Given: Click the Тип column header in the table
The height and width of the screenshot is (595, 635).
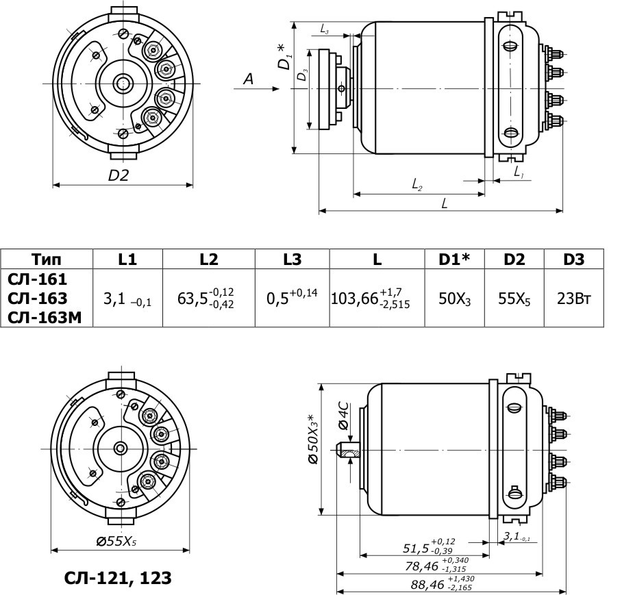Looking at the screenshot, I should pyautogui.click(x=46, y=259).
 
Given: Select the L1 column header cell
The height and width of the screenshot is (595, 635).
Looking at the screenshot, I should pyautogui.click(x=127, y=259).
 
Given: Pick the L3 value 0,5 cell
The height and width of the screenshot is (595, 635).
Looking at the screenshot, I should pyautogui.click(x=292, y=299).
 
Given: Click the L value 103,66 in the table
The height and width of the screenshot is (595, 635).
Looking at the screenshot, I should pyautogui.click(x=371, y=299).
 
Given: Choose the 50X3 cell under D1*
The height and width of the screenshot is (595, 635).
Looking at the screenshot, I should pyautogui.click(x=454, y=299).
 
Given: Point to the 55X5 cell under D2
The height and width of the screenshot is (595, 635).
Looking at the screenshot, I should pyautogui.click(x=514, y=299).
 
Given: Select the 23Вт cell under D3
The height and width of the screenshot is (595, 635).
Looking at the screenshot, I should pyautogui.click(x=574, y=299).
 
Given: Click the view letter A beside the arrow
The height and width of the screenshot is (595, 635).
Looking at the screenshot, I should pyautogui.click(x=248, y=80).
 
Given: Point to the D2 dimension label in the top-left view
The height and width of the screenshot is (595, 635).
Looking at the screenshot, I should pyautogui.click(x=119, y=175).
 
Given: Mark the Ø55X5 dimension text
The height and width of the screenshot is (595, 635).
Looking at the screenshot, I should pyautogui.click(x=116, y=541).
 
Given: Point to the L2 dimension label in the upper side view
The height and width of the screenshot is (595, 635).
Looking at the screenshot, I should pyautogui.click(x=416, y=184).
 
